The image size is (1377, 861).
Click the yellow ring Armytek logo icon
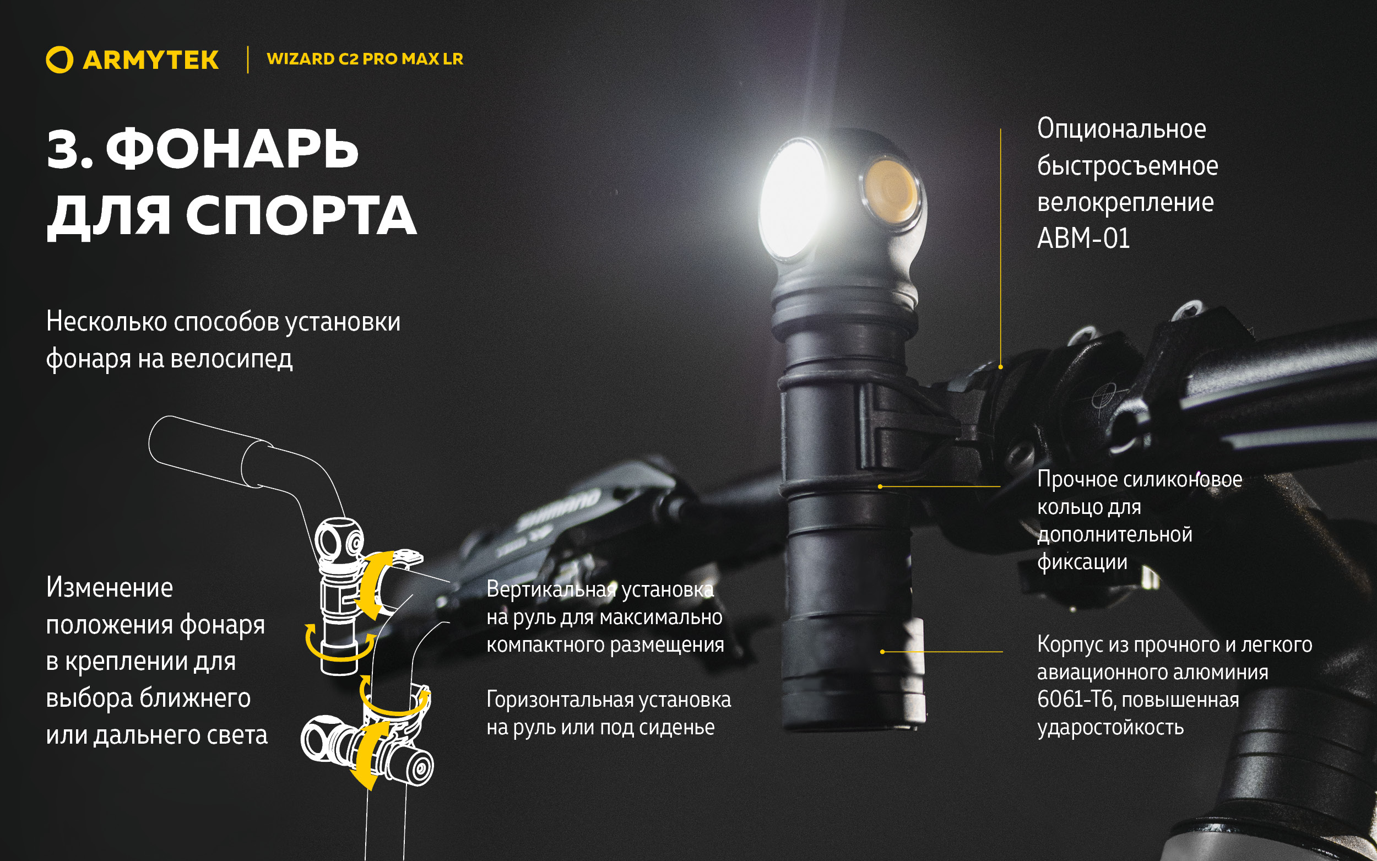click(x=59, y=60)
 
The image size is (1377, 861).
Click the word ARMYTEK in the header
click(x=150, y=61)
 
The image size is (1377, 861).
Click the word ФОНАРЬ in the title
click(x=232, y=149)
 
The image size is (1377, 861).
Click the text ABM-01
click(x=1083, y=239)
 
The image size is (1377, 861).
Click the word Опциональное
click(x=1121, y=129)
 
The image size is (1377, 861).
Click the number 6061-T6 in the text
click(x=1074, y=700)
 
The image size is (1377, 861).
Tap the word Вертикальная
click(x=551, y=589)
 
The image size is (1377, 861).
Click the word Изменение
click(x=109, y=588)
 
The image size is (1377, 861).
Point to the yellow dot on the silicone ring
click(x=880, y=486)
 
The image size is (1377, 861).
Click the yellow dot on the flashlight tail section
click(x=882, y=652)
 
